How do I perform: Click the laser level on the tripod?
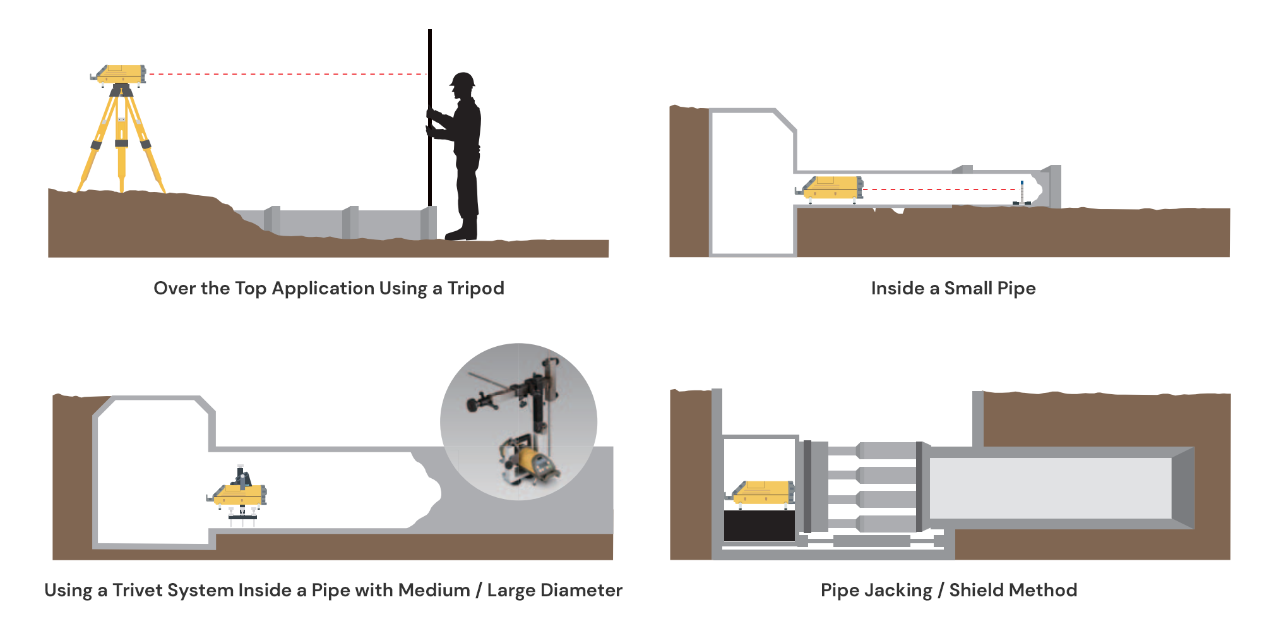pyautogui.click(x=121, y=74)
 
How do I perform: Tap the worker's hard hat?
pyautogui.click(x=463, y=80)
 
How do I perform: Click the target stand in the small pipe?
pyautogui.click(x=1022, y=193)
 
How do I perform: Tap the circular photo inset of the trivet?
pyautogui.click(x=518, y=421)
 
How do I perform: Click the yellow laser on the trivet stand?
pyautogui.click(x=239, y=493)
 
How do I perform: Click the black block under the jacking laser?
pyautogui.click(x=759, y=526)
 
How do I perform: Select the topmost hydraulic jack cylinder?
pyautogui.click(x=887, y=450)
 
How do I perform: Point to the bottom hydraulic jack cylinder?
pyautogui.click(x=887, y=523)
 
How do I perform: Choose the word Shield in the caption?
pyautogui.click(x=978, y=591)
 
